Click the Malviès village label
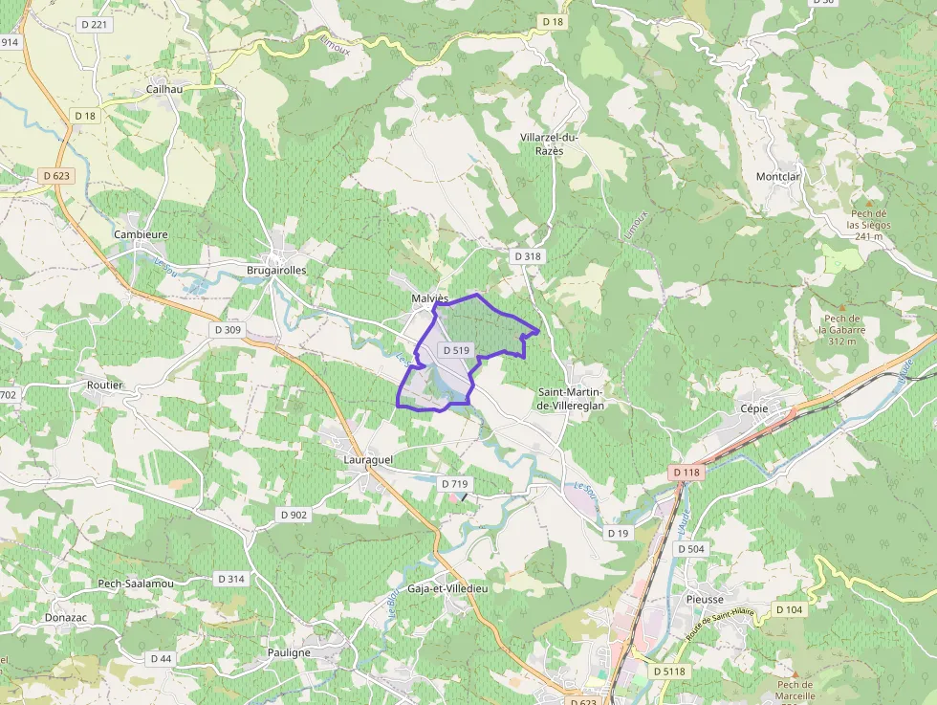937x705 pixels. point(429,297)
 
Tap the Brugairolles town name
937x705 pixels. point(276,270)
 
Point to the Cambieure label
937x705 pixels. point(141,234)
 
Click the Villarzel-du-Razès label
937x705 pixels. point(549,143)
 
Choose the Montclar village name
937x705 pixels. point(777,177)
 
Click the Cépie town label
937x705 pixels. point(754,408)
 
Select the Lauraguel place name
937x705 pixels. point(367,459)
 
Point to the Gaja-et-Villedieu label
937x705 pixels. point(447,588)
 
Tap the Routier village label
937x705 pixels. point(104,385)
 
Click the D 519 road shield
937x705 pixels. point(456,350)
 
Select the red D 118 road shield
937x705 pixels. point(686,473)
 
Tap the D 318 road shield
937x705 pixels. point(527,256)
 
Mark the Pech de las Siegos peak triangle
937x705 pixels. point(868,202)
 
